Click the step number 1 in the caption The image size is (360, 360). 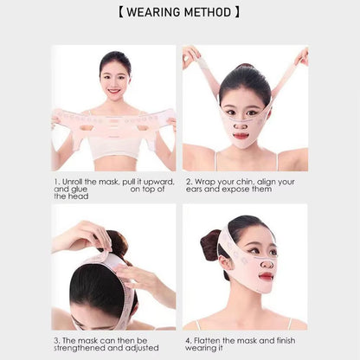pyautogui.click(x=55, y=182)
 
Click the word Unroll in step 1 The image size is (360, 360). pyautogui.click(x=74, y=182)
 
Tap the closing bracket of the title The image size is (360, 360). pyautogui.click(x=236, y=13)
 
